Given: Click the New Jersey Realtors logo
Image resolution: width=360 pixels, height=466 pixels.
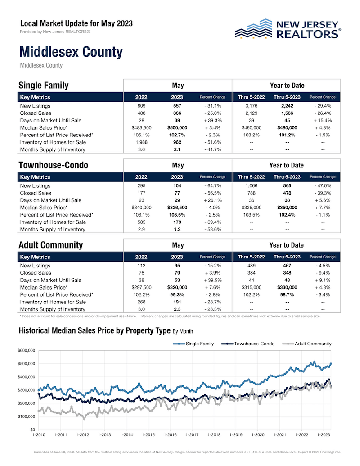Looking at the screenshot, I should [x=288, y=28].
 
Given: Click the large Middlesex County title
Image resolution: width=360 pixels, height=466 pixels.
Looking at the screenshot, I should [x=71, y=52].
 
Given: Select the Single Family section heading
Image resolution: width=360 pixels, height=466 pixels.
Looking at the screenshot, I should [x=44, y=86].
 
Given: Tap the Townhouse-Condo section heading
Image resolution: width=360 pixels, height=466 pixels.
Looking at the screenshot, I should [x=53, y=165].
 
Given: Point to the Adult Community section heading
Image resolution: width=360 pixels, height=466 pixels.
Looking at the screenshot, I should [x=51, y=245].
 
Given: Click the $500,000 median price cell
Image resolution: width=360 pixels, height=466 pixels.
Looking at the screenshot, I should [x=177, y=128].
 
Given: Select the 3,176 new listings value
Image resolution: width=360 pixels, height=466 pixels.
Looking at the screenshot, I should [x=249, y=106].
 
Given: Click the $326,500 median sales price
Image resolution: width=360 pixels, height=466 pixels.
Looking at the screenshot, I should [x=177, y=208].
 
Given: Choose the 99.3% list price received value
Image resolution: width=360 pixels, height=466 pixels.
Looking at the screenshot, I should [x=177, y=294].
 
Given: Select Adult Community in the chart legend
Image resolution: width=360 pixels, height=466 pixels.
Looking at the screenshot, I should [x=313, y=344].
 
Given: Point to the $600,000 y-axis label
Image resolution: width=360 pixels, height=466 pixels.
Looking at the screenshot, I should [x=27, y=351].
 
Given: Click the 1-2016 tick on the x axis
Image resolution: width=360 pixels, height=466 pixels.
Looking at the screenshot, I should [x=170, y=435].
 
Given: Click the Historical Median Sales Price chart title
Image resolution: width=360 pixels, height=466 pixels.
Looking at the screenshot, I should [x=94, y=331].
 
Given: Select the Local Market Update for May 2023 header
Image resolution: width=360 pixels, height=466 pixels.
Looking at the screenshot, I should [x=76, y=23].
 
